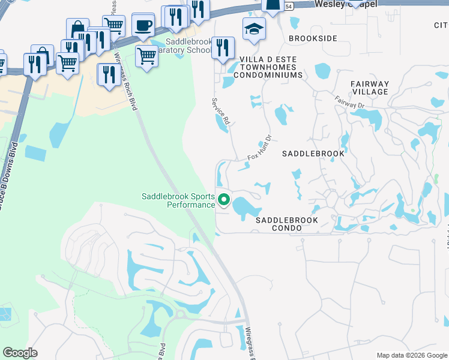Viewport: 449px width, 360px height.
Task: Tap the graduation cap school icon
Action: [x=254, y=29]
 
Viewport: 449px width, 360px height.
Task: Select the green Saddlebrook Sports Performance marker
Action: [x=224, y=200]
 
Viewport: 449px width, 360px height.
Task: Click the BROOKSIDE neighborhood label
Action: [x=313, y=38]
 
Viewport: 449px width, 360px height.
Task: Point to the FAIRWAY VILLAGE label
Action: [x=370, y=88]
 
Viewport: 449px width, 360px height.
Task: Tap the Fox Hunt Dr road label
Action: [x=260, y=148]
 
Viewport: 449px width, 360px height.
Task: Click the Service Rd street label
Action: [x=220, y=112]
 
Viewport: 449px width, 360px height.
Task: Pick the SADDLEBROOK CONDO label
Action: [x=287, y=224]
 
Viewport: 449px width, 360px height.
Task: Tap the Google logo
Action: [x=20, y=353]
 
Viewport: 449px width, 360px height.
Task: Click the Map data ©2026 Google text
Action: [x=411, y=355]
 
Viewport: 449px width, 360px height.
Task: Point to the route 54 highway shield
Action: [x=289, y=6]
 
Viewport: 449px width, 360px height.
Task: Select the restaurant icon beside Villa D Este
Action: [x=223, y=48]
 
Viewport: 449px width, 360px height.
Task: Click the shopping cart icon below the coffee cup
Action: [x=146, y=56]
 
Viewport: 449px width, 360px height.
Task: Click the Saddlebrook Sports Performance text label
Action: [x=178, y=200]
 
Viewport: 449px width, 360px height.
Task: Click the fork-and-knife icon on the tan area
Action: [x=109, y=74]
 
